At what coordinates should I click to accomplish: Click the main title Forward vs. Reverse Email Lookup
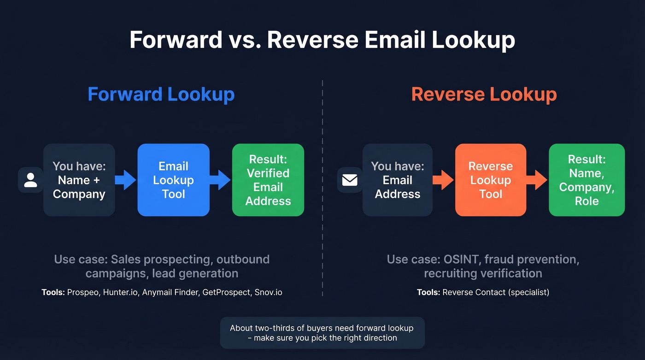pos(322,40)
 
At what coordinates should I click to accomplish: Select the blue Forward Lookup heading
pos(161,94)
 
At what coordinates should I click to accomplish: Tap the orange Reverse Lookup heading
pos(484,94)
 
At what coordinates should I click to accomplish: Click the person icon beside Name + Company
pos(30,180)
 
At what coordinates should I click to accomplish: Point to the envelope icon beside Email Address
pos(350,180)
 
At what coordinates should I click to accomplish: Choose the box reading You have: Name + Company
pos(79,180)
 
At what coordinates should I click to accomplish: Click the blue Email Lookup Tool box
pos(173,180)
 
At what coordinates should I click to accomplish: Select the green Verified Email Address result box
pos(268,180)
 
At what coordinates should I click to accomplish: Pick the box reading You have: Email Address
pos(397,180)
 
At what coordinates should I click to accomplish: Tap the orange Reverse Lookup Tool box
pos(490,180)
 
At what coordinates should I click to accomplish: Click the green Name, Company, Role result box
pos(586,180)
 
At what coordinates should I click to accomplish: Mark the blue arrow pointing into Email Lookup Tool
pos(125,180)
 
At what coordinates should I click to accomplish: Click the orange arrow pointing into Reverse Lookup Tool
pos(443,180)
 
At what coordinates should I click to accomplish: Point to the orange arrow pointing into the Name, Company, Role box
pos(537,180)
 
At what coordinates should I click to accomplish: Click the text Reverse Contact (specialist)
pos(496,292)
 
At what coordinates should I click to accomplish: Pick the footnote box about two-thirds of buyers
pos(322,333)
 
